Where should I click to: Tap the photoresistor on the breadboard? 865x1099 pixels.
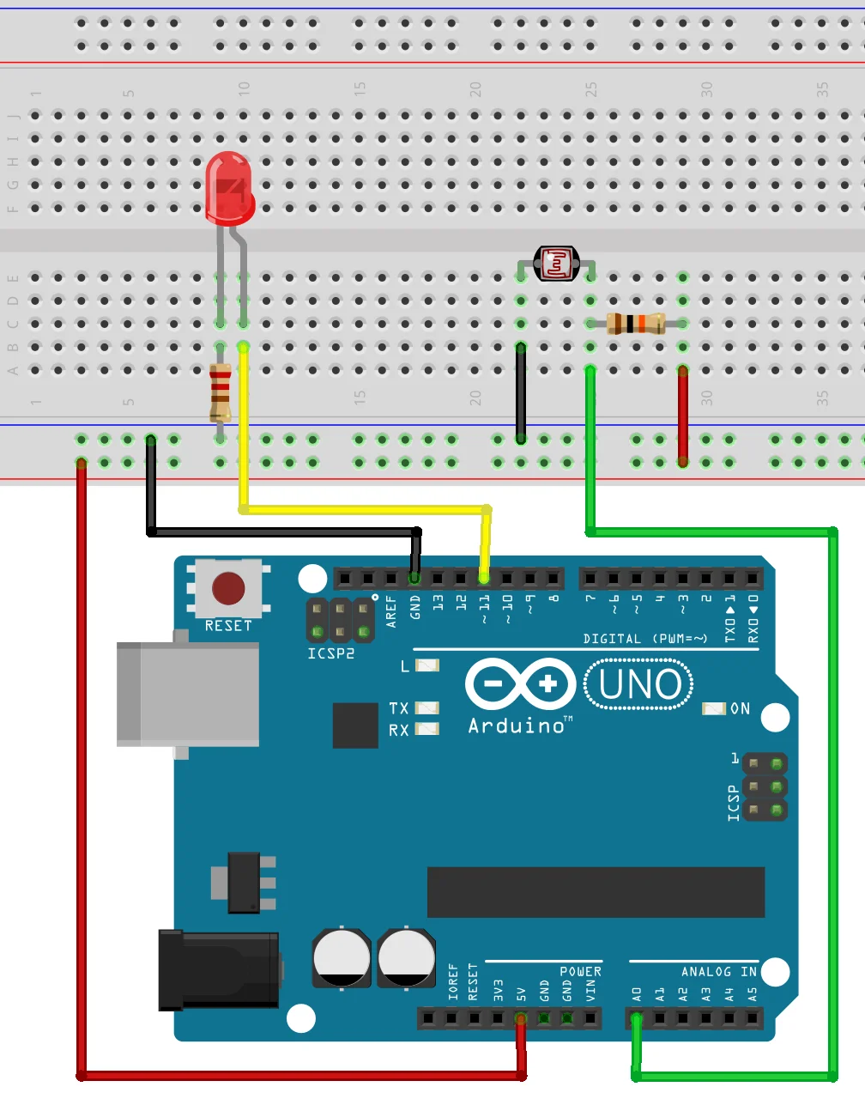(x=556, y=264)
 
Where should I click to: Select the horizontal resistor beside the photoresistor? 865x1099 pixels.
(x=636, y=324)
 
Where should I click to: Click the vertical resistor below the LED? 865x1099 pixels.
(x=221, y=392)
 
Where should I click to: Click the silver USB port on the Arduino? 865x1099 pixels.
(x=188, y=693)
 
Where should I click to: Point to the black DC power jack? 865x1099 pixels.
(x=219, y=969)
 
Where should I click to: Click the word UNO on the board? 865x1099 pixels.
(x=639, y=684)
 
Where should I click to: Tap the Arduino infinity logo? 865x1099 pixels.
(x=520, y=684)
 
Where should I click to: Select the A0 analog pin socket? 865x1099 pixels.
(x=636, y=1019)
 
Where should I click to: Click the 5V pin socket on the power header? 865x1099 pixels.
(x=520, y=1019)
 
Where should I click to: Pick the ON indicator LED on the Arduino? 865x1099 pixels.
(x=714, y=708)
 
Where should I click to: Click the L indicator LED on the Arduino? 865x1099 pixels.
(x=427, y=665)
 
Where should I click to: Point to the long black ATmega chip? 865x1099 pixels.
(x=596, y=892)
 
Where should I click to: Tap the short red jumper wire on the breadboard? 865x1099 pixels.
(x=683, y=416)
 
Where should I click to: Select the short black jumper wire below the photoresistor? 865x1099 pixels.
(x=521, y=392)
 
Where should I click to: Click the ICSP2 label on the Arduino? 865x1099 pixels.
(x=331, y=653)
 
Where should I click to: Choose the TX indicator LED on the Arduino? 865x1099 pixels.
(x=427, y=708)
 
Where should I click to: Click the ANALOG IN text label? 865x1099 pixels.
(x=718, y=972)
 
